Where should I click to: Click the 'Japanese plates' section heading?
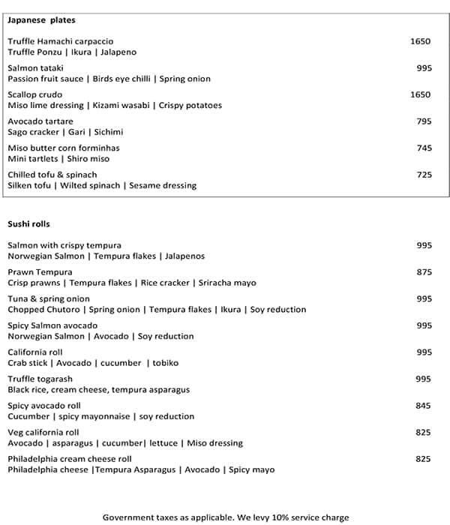tap(41, 20)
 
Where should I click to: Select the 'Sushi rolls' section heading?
tap(28, 223)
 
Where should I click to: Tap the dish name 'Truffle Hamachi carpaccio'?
tap(61, 41)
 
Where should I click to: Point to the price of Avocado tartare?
tap(424, 121)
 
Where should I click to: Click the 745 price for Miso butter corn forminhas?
tap(424, 148)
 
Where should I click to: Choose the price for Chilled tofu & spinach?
tap(424, 175)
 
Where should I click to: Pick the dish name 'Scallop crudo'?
tap(34, 94)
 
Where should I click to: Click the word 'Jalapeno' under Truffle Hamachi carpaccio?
tap(118, 52)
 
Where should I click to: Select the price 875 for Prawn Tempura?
tap(424, 272)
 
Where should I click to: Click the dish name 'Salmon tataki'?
tap(34, 68)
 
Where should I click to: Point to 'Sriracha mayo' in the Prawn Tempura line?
tap(227, 283)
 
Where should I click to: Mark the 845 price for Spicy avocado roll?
tap(424, 406)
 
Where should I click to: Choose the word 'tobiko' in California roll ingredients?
tap(166, 363)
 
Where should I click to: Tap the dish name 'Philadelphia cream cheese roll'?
tap(70, 459)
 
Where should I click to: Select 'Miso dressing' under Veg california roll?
tap(215, 443)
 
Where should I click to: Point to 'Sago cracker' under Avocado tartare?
tap(34, 132)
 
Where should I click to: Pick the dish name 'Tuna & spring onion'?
tap(49, 298)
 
